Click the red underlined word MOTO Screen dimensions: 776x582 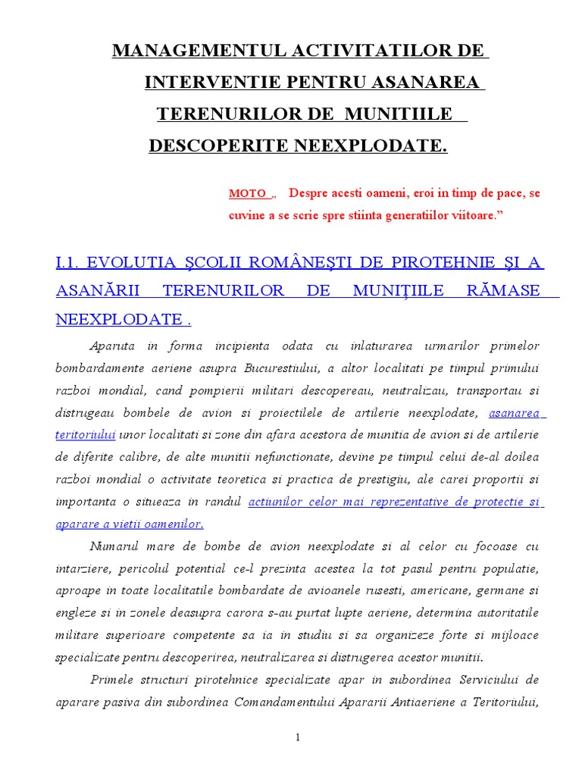pos(248,194)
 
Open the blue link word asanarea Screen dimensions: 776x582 pos(515,414)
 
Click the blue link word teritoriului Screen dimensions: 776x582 pos(85,435)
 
